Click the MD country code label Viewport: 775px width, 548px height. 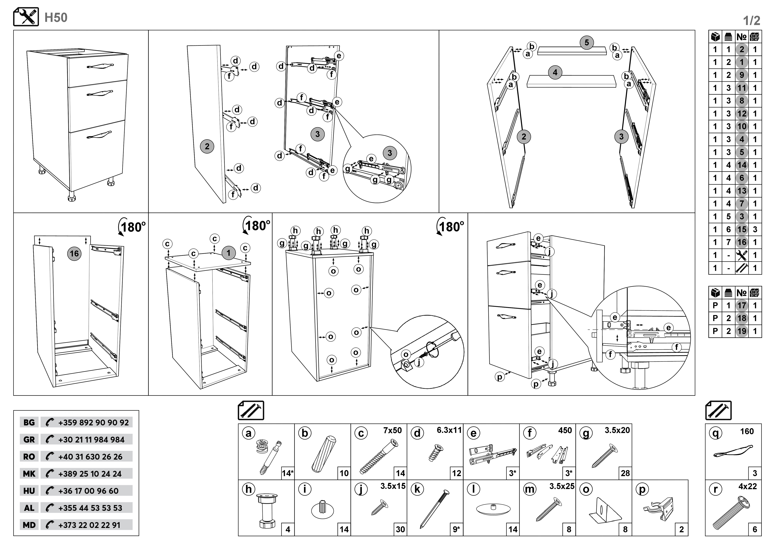29,525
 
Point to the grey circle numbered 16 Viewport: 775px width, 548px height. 74,254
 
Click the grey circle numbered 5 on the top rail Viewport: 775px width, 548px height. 587,43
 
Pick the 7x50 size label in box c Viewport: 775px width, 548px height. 392,431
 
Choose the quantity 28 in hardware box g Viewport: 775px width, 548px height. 625,473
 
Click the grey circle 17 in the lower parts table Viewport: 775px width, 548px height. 742,306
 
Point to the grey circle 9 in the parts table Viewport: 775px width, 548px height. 742,75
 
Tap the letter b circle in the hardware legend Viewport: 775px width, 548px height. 305,433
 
